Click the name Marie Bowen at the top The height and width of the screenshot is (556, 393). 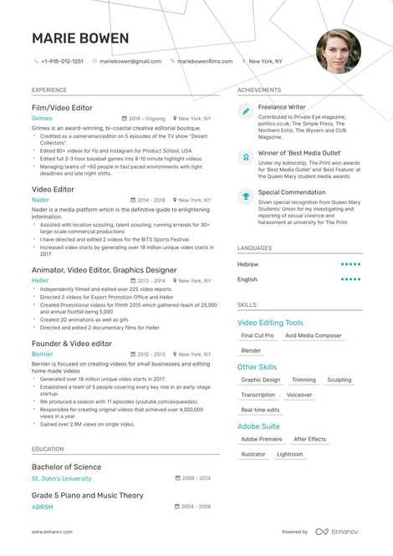80,38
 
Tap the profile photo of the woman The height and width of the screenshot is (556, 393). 338,51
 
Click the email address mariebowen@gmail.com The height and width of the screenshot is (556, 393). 130,61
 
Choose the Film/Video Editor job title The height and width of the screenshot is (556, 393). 62,108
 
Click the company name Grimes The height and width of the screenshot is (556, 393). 42,119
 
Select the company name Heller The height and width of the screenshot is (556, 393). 40,281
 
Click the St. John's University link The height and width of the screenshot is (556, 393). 61,479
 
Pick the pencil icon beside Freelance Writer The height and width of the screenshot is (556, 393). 246,110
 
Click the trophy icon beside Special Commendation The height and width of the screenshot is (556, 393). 246,196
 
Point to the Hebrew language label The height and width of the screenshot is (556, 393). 248,264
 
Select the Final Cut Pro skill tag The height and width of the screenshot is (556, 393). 258,335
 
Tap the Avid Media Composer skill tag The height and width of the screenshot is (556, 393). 314,335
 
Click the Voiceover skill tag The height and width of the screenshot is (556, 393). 299,395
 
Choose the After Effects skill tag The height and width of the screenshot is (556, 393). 310,439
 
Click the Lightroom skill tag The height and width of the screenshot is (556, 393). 290,454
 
